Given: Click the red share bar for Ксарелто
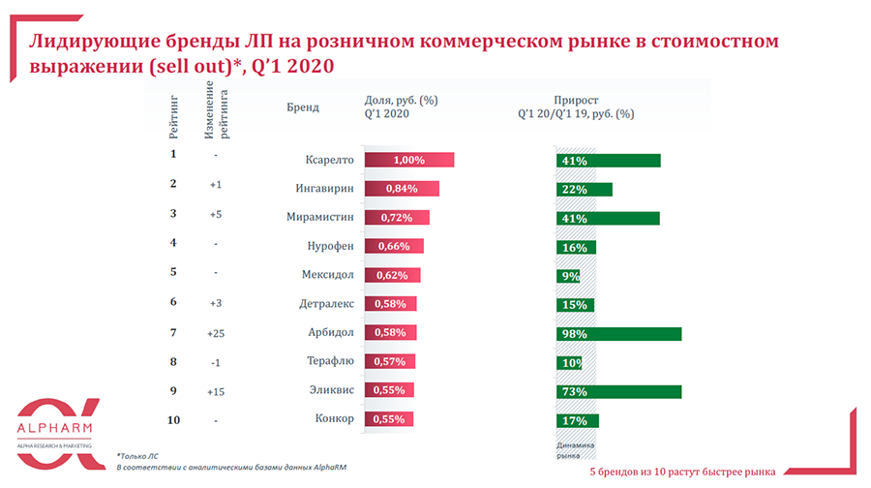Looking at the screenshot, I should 408,160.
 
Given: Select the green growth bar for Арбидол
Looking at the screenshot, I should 619,334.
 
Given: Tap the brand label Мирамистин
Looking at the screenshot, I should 322,218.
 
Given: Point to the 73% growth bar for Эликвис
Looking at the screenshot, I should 619,391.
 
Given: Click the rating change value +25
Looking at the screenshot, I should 216,334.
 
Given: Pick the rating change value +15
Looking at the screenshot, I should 216,391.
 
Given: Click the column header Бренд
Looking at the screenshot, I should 303,107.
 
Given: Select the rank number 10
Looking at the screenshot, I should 173,420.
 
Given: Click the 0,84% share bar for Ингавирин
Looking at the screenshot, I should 402,189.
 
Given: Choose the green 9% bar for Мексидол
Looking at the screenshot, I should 569,276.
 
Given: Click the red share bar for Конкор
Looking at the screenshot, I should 387,420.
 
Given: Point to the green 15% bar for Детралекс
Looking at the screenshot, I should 576,305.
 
